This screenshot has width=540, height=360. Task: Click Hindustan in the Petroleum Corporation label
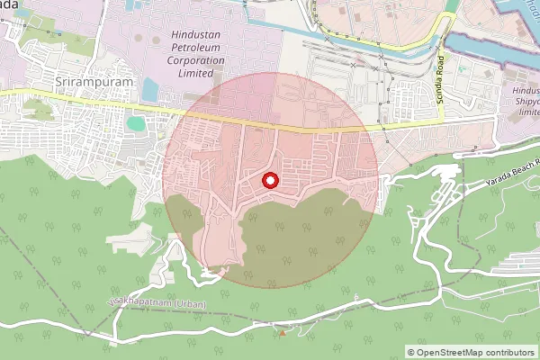[x=196, y=35]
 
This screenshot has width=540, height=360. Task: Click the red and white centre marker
[x=269, y=181]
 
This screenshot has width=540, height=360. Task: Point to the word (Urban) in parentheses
[x=190, y=304]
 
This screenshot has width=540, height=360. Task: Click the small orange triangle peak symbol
[x=283, y=333]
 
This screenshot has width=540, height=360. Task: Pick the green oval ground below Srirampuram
[x=135, y=123]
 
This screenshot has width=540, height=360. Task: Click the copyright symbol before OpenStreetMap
[x=411, y=352]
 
